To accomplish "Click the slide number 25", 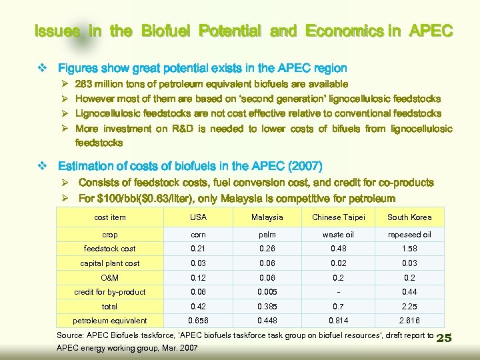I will [443, 338].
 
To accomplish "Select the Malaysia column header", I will [267, 217].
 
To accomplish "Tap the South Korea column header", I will [409, 217].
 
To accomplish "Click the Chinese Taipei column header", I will [338, 217].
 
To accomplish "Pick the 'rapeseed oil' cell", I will [409, 235].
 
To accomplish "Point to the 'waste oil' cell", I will [338, 235].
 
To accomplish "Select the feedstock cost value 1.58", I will [409, 249].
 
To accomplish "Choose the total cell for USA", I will [198, 307].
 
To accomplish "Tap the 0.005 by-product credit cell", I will [267, 292].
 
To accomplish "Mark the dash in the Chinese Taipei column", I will [338, 292].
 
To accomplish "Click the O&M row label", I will [110, 277].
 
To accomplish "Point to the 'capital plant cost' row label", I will [110, 263].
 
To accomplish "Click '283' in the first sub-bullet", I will [84, 84].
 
